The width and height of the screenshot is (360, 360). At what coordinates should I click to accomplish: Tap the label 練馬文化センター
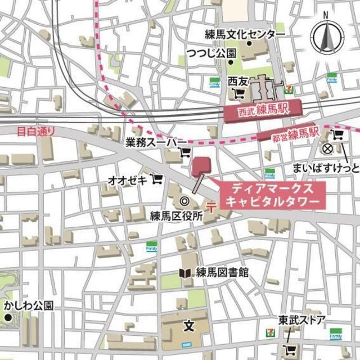point(245,35)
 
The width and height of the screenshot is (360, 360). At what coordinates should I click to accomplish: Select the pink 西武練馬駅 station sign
point(262,110)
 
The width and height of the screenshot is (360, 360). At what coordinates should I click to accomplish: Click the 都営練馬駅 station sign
point(289,134)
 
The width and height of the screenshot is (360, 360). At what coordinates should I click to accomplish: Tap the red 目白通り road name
point(36,132)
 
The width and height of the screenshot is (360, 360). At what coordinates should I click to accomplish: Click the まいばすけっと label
point(325,168)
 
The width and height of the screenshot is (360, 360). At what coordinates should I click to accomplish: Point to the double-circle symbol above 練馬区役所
point(183,201)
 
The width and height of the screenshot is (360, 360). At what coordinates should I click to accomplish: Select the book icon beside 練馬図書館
point(185,273)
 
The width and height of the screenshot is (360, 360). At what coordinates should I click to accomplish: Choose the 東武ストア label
point(302,320)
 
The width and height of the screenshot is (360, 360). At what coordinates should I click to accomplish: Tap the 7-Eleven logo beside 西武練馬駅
point(289,87)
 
